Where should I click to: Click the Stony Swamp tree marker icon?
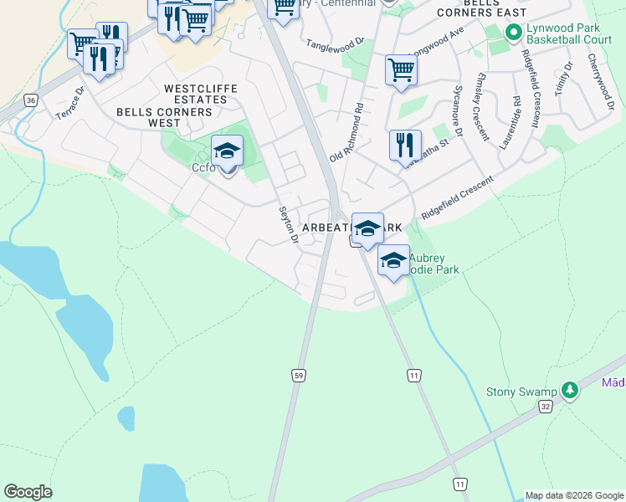coord(570,390)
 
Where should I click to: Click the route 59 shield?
coord(299,376)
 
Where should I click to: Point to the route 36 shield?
coord(31,100)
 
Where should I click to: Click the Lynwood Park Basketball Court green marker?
coord(515,33)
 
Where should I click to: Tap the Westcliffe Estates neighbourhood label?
coord(201,94)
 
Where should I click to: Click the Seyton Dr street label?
coord(289,225)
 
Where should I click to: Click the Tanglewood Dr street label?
coord(336,43)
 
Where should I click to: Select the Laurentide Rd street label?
coord(511,122)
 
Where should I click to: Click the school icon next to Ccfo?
coord(227,151)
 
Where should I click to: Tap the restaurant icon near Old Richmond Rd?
coord(404,145)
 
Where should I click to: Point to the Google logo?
coord(28,492)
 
